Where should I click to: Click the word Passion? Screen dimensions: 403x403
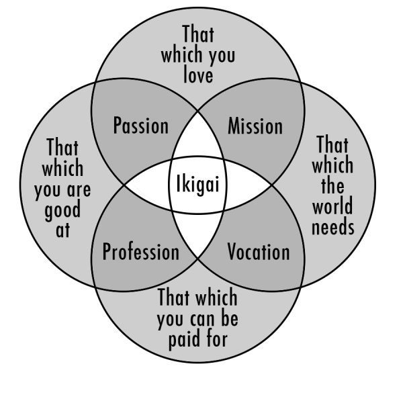pyautogui.click(x=140, y=125)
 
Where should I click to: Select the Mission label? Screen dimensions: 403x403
pyautogui.click(x=255, y=126)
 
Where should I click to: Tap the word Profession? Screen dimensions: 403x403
pyautogui.click(x=140, y=253)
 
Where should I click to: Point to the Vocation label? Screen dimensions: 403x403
pyautogui.click(x=259, y=253)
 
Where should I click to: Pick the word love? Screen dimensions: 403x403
pyautogui.click(x=198, y=74)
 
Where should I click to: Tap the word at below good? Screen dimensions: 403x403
pyautogui.click(x=62, y=231)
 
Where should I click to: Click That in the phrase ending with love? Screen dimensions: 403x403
pyautogui.click(x=198, y=34)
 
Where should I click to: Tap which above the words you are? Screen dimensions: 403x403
pyautogui.click(x=62, y=168)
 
